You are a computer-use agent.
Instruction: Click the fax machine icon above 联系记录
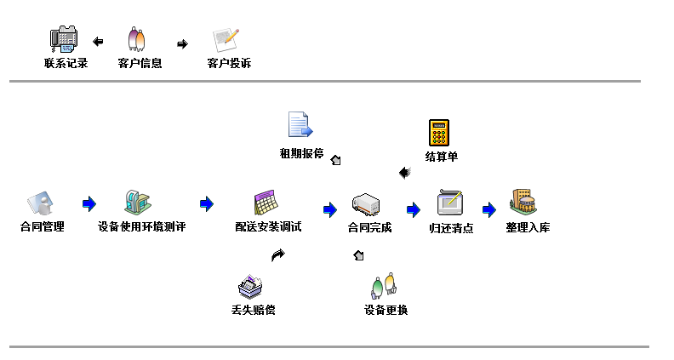coord(65,39)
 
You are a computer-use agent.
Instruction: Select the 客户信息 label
coord(140,63)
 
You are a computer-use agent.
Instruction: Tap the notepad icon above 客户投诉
coord(226,40)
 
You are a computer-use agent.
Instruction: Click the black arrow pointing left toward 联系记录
coord(98,41)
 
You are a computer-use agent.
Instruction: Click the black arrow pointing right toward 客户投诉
coord(182,43)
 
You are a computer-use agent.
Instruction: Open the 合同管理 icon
coord(41,203)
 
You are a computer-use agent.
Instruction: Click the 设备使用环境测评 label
coord(141,227)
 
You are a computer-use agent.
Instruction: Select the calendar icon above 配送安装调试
coord(266,203)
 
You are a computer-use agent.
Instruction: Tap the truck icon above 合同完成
coord(366,204)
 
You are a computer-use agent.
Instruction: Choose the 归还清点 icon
coord(449,203)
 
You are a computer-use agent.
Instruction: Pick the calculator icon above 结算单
coord(438,133)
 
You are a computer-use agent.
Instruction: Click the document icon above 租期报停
coord(300,125)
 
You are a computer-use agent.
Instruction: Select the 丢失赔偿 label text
coord(253,310)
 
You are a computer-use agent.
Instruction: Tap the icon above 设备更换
coord(384,284)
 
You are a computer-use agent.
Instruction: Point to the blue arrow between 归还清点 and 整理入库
coord(488,209)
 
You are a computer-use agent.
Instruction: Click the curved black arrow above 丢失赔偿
coord(278,254)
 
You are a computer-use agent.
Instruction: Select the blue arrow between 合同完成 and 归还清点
coord(414,209)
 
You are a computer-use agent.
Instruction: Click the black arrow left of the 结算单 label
coord(404,173)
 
